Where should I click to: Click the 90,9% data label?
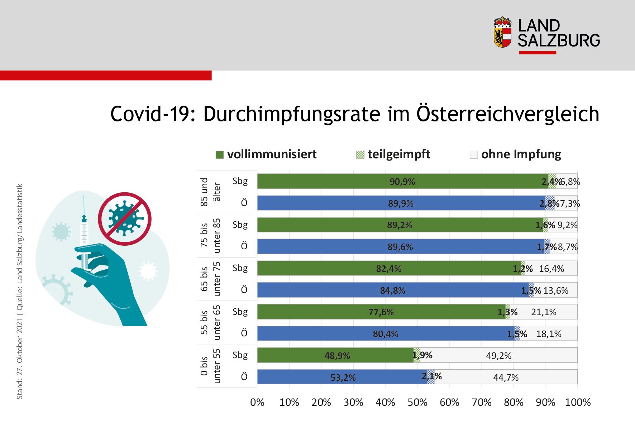click(402, 182)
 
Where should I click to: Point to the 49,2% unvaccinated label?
click(498, 356)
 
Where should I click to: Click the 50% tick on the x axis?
click(417, 402)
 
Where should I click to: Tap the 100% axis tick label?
click(577, 402)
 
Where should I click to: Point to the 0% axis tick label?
click(257, 402)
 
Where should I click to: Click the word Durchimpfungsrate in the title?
click(292, 114)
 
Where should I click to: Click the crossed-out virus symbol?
click(124, 219)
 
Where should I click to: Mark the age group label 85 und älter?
click(210, 192)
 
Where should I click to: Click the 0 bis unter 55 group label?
click(210, 366)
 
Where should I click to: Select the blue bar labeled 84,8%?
click(392, 290)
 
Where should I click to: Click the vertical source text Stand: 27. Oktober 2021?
click(20, 358)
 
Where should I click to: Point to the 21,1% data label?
click(543, 312)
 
